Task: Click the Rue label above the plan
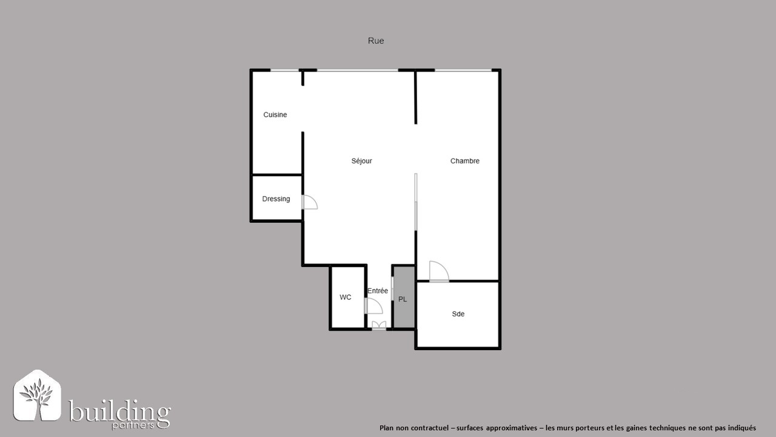tap(376, 41)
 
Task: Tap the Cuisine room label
tap(275, 115)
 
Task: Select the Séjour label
tap(362, 161)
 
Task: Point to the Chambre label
tap(465, 161)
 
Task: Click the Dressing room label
tap(276, 199)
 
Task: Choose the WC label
tap(346, 297)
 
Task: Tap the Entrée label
tap(378, 291)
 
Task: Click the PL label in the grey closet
tap(403, 299)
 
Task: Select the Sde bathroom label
tap(458, 314)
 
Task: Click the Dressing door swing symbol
tap(310, 202)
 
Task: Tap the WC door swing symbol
tap(373, 306)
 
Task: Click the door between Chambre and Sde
tap(439, 271)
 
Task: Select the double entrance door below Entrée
tap(379, 325)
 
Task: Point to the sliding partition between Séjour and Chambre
tap(416, 202)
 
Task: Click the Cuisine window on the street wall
tap(284, 70)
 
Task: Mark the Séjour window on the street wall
tap(358, 70)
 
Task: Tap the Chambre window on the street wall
tap(463, 70)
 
